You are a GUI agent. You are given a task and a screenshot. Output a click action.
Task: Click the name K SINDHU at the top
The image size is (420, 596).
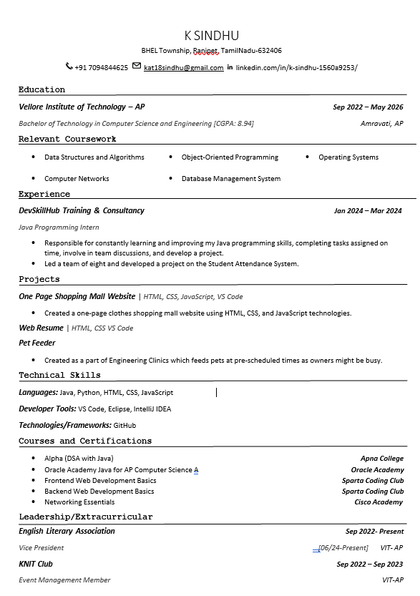[211, 36]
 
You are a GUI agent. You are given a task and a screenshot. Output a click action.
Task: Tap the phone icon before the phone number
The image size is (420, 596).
[69, 67]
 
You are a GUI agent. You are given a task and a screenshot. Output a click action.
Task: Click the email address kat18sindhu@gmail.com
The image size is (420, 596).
[183, 68]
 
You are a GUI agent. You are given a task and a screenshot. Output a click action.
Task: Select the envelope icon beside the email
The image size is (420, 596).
[137, 67]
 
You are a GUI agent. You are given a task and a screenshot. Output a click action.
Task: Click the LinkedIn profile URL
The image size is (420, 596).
[296, 68]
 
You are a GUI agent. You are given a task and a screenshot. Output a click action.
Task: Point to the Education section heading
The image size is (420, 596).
[41, 89]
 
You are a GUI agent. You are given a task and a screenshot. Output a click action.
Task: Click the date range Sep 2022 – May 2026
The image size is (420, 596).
[368, 107]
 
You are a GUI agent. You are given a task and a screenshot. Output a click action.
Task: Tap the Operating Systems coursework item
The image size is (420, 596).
[348, 157]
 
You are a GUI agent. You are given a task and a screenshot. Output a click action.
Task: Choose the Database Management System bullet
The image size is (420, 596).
[230, 179]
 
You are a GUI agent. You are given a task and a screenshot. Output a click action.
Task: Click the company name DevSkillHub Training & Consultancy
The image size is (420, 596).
[82, 211]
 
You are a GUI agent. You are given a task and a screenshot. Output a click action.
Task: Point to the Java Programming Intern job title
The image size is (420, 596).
[59, 228]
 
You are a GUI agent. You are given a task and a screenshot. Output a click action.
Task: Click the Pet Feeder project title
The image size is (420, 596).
[37, 343]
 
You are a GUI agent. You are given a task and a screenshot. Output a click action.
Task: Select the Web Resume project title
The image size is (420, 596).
[41, 328]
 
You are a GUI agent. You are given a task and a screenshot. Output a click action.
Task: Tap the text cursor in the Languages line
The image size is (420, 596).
[216, 392]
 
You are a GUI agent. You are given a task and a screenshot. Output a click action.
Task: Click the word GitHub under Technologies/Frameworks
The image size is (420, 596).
[124, 426]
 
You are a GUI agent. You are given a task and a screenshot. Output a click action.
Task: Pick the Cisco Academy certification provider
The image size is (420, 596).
[379, 502]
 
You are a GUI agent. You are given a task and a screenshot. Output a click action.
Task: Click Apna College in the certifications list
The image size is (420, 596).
[381, 459]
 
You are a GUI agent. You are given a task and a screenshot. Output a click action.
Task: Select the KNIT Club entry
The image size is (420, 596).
[36, 564]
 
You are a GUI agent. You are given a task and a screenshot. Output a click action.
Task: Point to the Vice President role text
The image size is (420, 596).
[41, 548]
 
